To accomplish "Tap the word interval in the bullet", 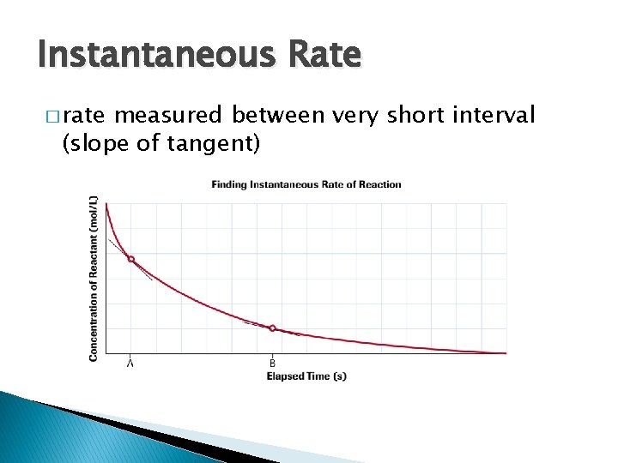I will pos(498,115).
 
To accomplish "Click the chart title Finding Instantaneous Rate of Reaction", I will pos(306,184).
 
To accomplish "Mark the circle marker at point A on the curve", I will pos(131,259).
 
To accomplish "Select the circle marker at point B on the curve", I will pos(273,328).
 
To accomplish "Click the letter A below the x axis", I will pos(131,363).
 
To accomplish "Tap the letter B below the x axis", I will pos(273,363).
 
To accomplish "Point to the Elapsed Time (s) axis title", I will pos(306,376).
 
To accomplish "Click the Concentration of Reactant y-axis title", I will pos(93,278).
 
